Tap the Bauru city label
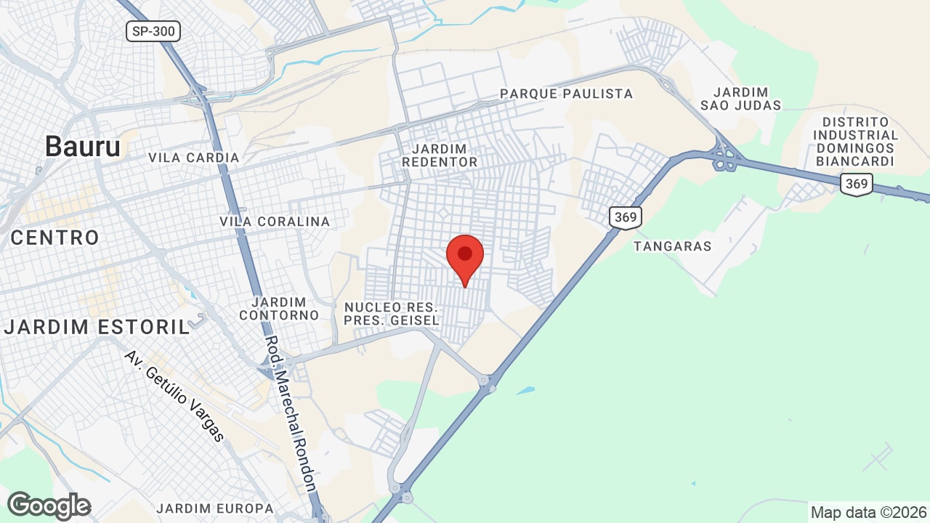tap(83, 147)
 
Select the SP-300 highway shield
tap(153, 31)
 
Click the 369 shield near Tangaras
tap(625, 217)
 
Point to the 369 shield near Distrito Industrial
tap(857, 184)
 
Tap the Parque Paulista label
tap(567, 94)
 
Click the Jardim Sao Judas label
tap(741, 99)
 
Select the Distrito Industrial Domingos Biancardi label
tap(855, 142)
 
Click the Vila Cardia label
tap(193, 158)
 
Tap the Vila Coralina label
tap(275, 222)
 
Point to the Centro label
tap(54, 238)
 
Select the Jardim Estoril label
tap(97, 327)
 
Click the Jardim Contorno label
tap(279, 309)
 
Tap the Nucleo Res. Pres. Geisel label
tap(392, 314)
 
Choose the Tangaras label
tap(672, 246)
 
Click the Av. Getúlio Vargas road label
tap(174, 396)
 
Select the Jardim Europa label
tap(215, 508)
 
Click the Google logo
tap(49, 506)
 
